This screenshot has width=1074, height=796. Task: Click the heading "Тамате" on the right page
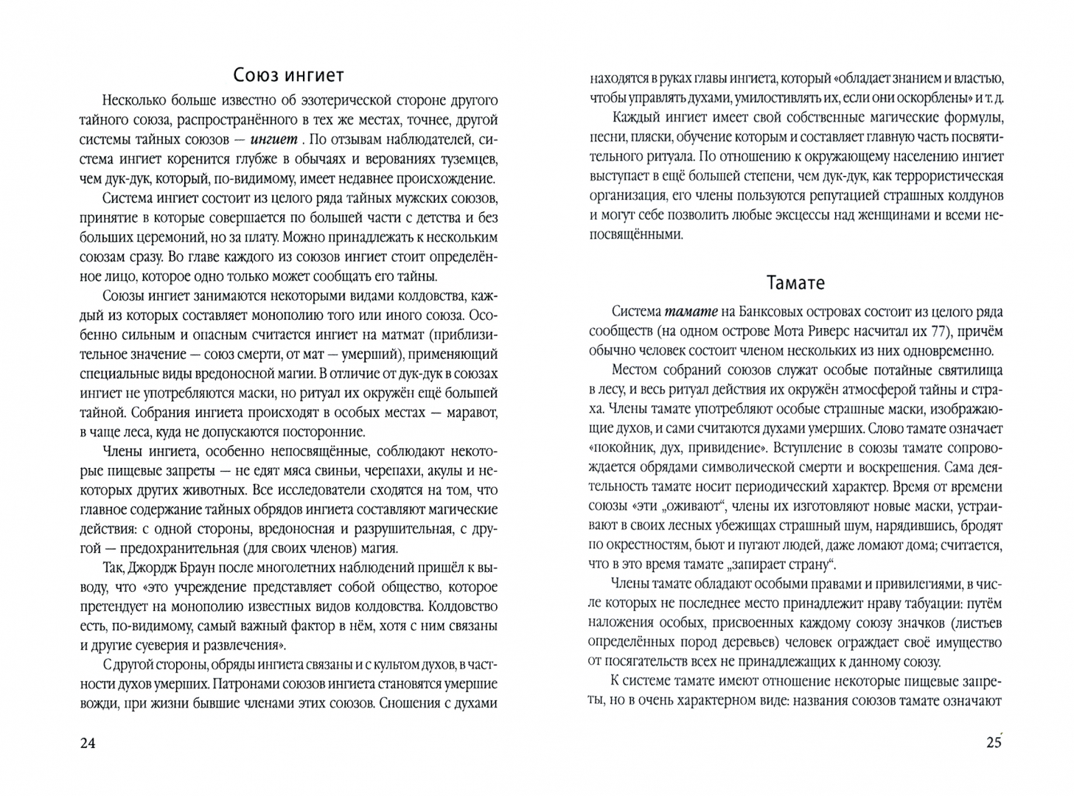795,283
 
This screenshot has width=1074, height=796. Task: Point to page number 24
87,743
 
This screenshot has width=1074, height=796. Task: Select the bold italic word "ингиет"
275,139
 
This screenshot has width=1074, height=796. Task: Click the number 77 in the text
936,332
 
